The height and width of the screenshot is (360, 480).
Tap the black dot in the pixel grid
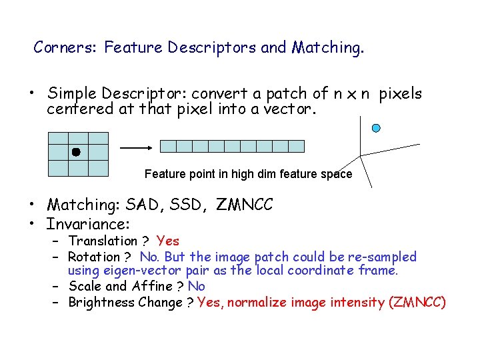click(x=76, y=152)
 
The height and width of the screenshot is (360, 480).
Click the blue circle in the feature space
click(x=376, y=127)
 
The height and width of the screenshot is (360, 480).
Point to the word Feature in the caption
click(x=164, y=174)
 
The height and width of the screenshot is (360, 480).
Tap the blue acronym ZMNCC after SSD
click(x=245, y=205)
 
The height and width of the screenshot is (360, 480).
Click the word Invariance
click(x=87, y=224)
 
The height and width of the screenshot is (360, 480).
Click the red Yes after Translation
click(x=168, y=241)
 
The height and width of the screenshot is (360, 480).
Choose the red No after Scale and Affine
click(x=197, y=286)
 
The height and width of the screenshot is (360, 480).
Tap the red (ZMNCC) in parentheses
click(x=417, y=302)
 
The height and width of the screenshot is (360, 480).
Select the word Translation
click(x=102, y=241)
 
